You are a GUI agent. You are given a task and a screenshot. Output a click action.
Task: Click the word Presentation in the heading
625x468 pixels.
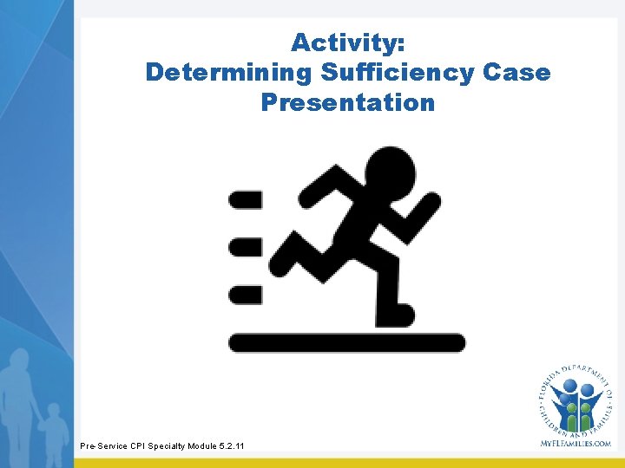click(x=347, y=102)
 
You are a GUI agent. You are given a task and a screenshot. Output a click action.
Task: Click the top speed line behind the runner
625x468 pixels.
click(x=245, y=200)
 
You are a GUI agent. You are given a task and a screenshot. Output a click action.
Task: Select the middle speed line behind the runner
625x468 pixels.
click(x=245, y=247)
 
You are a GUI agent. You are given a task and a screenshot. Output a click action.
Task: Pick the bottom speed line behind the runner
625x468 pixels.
click(x=245, y=295)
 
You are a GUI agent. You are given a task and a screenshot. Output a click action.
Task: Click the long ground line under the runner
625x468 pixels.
click(x=346, y=342)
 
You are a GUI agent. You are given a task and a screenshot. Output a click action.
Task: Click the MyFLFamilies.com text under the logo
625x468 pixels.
click(x=575, y=443)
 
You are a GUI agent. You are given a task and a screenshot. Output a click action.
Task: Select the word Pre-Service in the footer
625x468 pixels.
click(x=102, y=445)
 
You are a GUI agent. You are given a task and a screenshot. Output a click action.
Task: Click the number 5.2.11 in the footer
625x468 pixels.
click(x=231, y=445)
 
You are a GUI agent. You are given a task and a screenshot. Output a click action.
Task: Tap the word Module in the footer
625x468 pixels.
click(x=199, y=445)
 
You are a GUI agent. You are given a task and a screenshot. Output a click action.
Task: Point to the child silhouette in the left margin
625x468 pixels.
click(x=54, y=430)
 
